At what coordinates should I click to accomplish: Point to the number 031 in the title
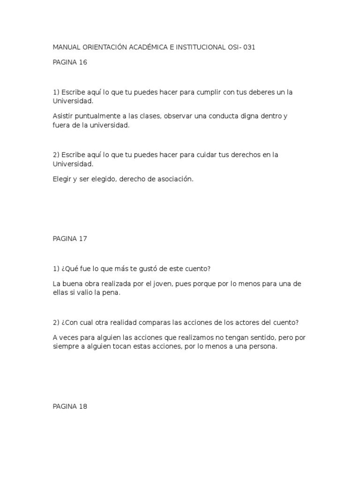coord(249,48)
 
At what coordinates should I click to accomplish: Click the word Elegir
coord(62,179)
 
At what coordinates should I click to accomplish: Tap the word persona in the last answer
coord(263,347)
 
